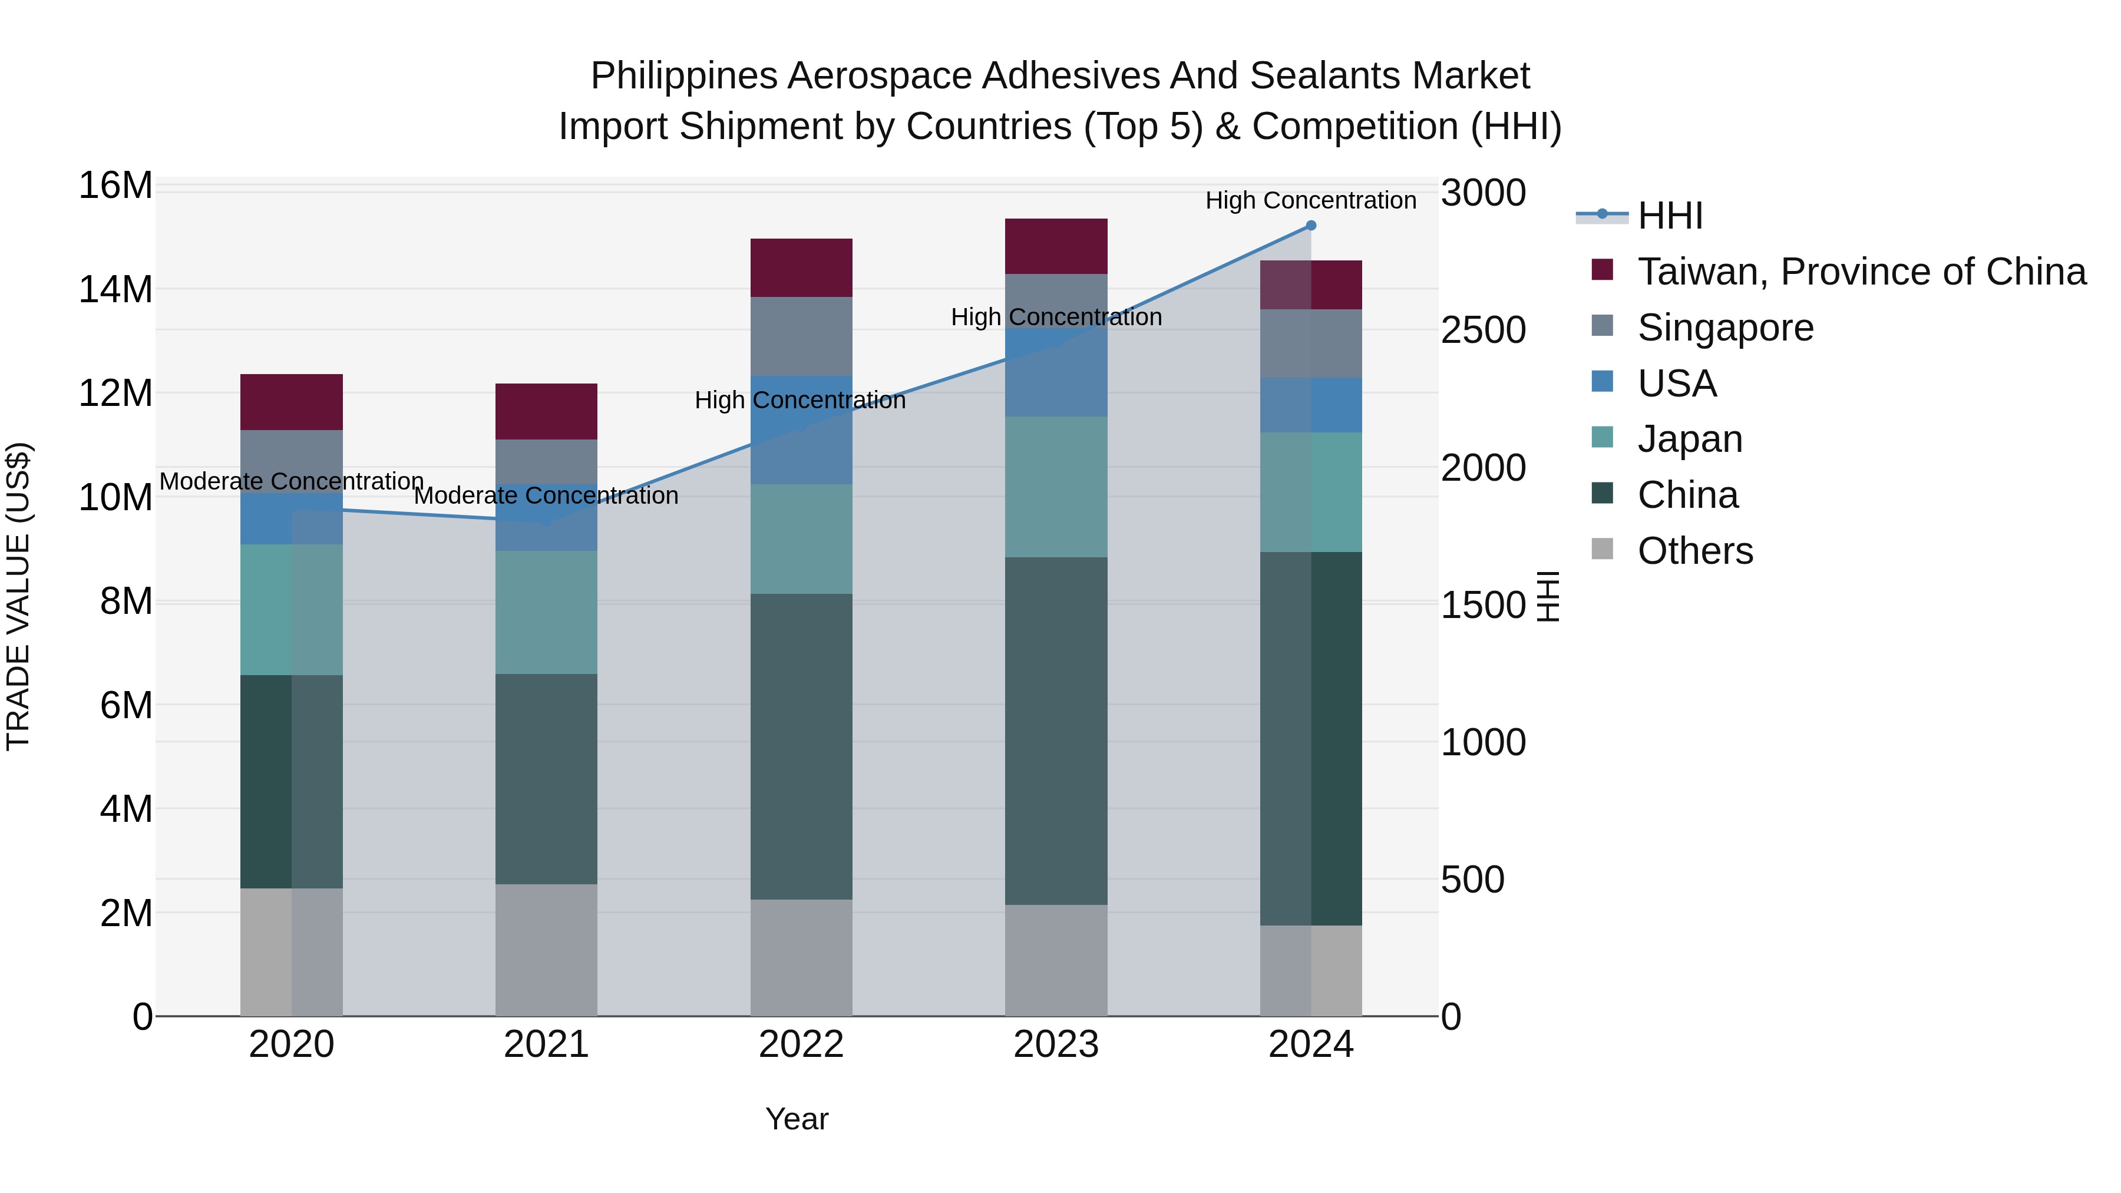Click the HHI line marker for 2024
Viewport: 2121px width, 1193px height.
(1311, 226)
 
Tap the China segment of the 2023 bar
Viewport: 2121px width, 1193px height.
(1056, 731)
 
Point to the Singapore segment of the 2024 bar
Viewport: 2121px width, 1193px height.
(1311, 343)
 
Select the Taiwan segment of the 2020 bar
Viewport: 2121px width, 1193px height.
(292, 402)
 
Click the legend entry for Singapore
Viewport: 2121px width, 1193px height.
(1725, 328)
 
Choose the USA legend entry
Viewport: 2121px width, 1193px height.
(1676, 384)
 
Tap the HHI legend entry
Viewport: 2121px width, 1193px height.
(1669, 216)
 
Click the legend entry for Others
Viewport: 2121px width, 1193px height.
(1694, 551)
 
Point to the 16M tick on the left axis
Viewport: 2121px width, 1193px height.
(115, 186)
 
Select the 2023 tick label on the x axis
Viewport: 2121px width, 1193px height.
(1056, 1045)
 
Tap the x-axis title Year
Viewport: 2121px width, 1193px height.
(796, 1119)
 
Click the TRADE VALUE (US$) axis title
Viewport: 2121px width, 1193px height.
(19, 596)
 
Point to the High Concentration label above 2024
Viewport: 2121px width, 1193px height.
(1311, 200)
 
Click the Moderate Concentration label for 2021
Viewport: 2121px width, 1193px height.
(546, 495)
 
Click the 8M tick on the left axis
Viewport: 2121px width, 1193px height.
(126, 602)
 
